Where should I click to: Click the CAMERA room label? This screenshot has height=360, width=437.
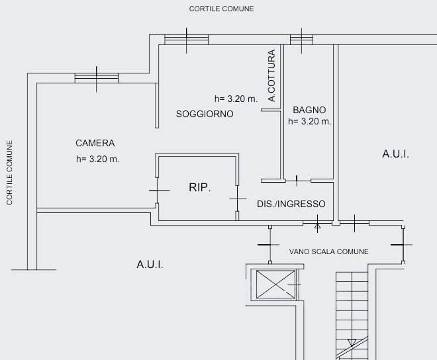point(95,143)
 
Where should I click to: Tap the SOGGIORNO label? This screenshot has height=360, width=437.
point(205,114)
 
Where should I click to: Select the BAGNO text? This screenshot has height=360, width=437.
point(309,110)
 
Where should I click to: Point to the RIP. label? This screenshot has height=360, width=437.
point(199,187)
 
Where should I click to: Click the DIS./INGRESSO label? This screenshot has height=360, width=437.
point(291,204)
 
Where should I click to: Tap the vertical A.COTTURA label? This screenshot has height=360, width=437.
point(271,75)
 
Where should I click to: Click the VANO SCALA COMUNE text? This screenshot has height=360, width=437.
point(328,251)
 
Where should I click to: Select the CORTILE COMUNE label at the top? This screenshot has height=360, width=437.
point(221,9)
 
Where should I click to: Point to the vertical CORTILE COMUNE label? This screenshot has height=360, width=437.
point(9,173)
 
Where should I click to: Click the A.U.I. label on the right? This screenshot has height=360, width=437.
point(395,154)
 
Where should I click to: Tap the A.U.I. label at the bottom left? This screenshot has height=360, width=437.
point(150,264)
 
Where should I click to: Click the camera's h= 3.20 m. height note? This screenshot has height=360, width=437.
point(97,159)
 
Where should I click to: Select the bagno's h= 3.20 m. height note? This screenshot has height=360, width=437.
point(310,121)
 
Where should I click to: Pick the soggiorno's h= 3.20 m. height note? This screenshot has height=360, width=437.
point(236,99)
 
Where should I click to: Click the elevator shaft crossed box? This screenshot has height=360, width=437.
point(275,284)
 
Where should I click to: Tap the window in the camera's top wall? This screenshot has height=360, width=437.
point(97,78)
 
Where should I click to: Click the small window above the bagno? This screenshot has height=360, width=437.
point(301,40)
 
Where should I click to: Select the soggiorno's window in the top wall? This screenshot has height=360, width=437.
point(187,40)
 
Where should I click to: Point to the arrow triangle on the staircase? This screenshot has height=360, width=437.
point(352,342)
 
